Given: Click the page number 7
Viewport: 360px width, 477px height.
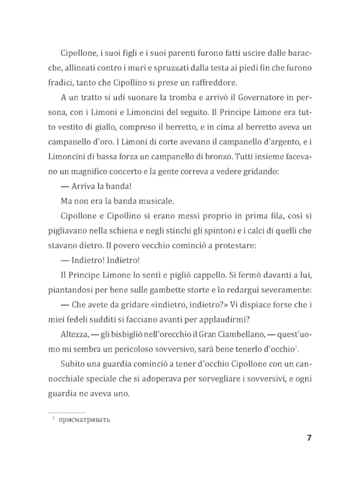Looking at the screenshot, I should pyautogui.click(x=309, y=438).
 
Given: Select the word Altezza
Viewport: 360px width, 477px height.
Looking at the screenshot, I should pyautogui.click(x=74, y=334).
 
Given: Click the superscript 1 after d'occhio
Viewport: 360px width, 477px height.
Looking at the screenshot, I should pyautogui.click(x=297, y=347).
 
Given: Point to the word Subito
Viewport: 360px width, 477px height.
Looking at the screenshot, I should pyautogui.click(x=72, y=364).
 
